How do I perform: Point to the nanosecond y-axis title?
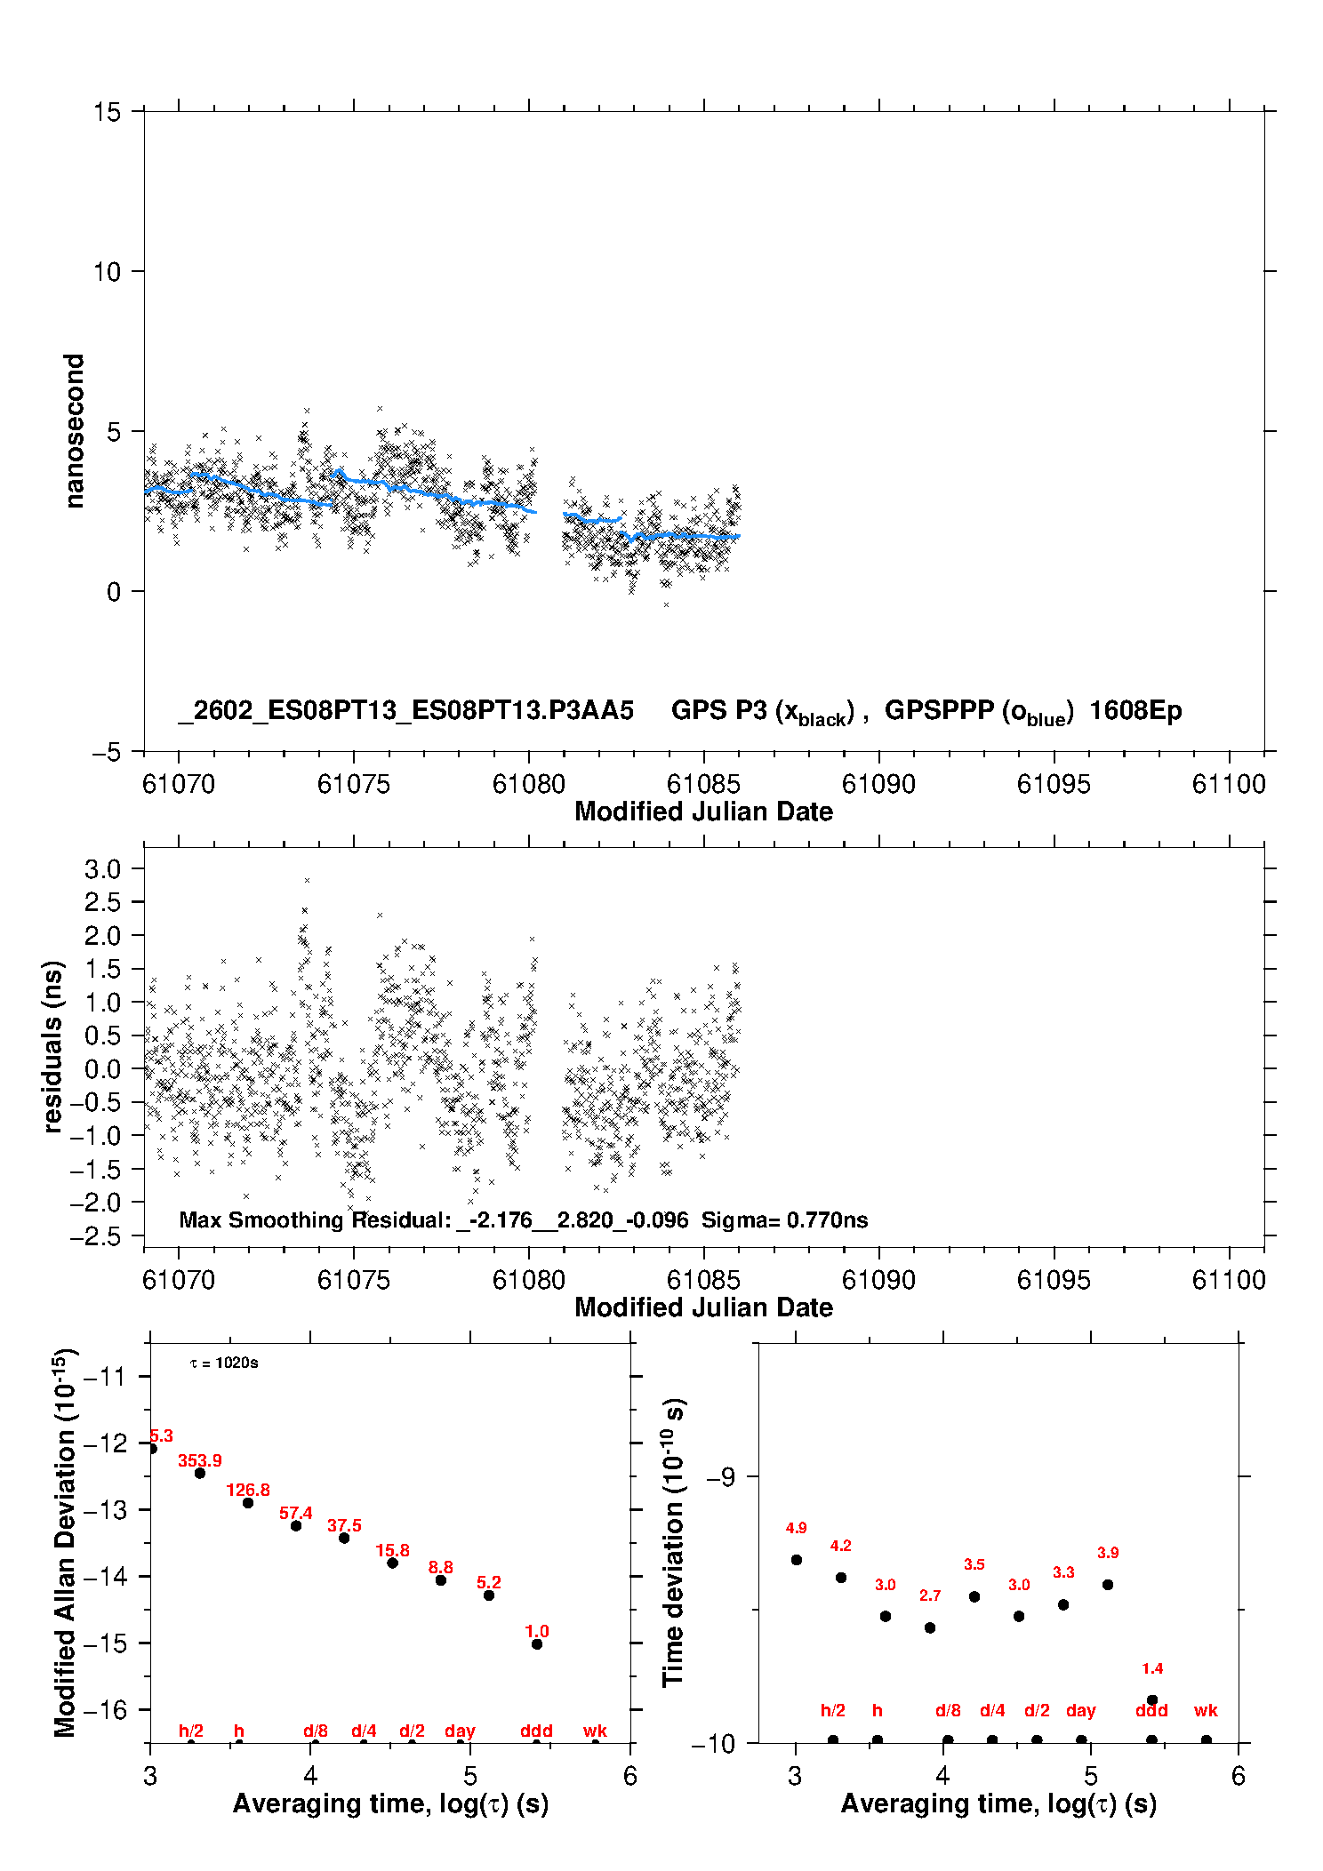tap(74, 431)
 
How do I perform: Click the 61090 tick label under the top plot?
tap(878, 784)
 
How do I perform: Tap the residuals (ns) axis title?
tap(53, 1046)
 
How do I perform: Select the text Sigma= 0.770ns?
tap(784, 1219)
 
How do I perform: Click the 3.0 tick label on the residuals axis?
tap(102, 869)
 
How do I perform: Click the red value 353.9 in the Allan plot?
tap(200, 1460)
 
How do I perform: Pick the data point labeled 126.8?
tap(248, 1503)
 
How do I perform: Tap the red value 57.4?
tap(296, 1513)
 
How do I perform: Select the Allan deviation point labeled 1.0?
tap(537, 1644)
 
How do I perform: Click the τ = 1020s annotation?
tap(224, 1363)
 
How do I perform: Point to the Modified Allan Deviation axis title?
tap(65, 1542)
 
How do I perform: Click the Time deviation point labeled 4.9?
tap(797, 1560)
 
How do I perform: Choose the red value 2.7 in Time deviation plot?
tap(930, 1595)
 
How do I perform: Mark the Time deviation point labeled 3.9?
tap(1108, 1585)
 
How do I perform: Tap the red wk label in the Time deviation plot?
tap(1206, 1710)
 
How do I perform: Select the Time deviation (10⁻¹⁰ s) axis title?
tap(673, 1542)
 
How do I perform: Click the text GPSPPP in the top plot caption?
tap(939, 711)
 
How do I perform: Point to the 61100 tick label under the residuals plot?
tap(1229, 1280)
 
